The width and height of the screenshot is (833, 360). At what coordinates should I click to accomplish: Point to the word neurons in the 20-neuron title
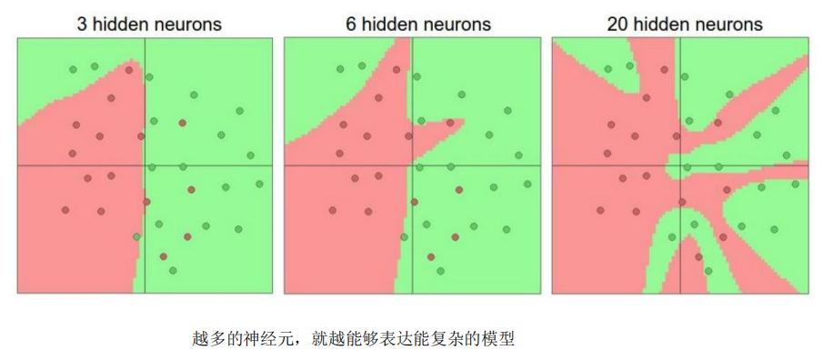(x=728, y=25)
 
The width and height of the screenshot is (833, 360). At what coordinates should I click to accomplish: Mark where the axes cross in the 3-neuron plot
(x=145, y=165)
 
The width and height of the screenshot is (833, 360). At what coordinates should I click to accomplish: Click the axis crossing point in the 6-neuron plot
(x=412, y=165)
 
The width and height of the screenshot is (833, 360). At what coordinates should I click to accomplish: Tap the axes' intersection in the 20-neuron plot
(x=680, y=165)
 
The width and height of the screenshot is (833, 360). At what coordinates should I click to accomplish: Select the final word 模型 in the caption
(x=499, y=339)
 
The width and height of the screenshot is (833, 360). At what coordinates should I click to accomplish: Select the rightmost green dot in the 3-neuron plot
(x=259, y=184)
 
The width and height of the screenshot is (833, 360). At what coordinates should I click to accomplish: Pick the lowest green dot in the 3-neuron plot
(x=173, y=270)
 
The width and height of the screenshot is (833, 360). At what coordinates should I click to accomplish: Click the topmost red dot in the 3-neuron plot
(x=129, y=70)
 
